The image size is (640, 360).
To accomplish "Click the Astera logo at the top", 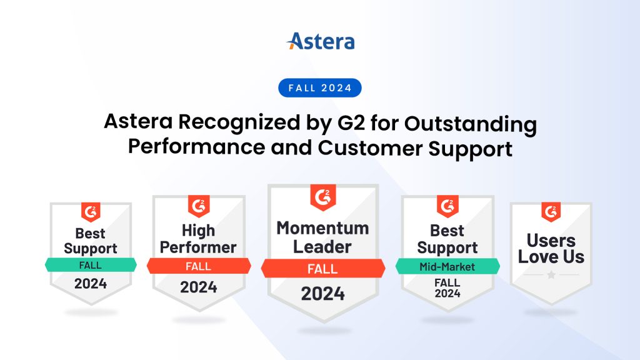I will pos(320,42).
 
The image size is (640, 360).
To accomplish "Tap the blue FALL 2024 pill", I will pos(320,88).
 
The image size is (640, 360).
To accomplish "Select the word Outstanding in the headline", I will pos(470,123).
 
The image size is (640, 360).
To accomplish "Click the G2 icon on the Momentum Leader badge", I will pos(322,198).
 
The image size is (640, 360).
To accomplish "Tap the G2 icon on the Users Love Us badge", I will pos(551,212).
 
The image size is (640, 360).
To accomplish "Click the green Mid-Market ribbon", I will pos(447,267).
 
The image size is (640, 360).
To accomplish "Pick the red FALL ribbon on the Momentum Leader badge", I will pos(322,269).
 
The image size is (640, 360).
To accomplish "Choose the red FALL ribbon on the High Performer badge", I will pos(199,266).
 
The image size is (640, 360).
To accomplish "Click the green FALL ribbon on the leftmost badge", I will pos(91,265).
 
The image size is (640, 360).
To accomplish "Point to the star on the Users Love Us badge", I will pos(551,275).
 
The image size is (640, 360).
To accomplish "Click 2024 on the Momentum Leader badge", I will pos(322,293).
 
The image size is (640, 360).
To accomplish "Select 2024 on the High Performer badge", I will pos(199,287).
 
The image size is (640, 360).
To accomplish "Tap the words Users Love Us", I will pos(551,249).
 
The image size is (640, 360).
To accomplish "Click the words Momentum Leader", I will pos(322,237).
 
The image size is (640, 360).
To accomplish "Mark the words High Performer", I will pos(199,239).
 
